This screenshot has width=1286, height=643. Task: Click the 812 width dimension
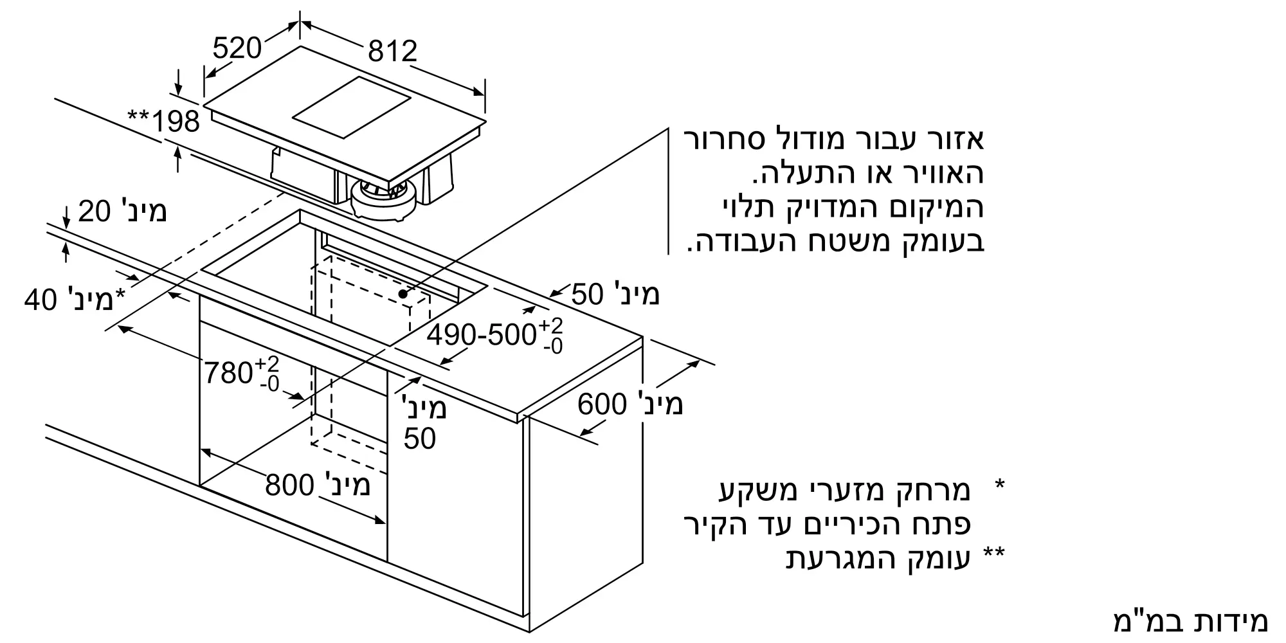[x=392, y=51]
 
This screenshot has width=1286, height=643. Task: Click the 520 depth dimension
[x=237, y=49]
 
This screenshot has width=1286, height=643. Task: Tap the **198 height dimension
[x=164, y=121]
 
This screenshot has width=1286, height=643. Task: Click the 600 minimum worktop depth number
[x=602, y=404]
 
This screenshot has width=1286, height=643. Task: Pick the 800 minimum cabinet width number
[x=289, y=485]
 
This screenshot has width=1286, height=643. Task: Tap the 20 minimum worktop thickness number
[x=95, y=212]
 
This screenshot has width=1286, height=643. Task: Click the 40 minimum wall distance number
[x=41, y=300]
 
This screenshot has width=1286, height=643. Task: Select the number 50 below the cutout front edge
[x=420, y=439]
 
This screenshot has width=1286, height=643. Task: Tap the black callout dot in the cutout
[x=403, y=294]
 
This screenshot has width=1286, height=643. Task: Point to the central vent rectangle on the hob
[x=351, y=108]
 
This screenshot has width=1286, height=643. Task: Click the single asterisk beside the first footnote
[x=999, y=485]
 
